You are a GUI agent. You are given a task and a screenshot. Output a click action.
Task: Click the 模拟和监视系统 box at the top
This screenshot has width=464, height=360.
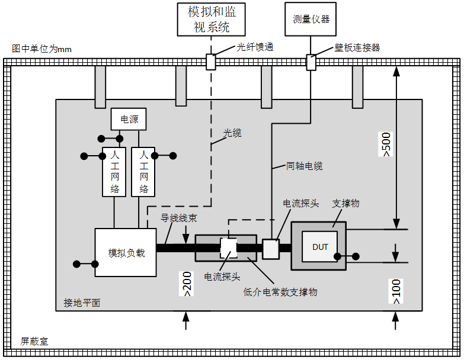(211, 20)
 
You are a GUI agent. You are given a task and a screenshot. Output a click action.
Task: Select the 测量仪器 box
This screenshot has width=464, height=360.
(311, 19)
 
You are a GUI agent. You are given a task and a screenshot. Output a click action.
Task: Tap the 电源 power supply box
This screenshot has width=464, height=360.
(129, 119)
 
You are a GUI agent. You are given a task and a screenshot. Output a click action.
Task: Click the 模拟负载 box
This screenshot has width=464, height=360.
(126, 252)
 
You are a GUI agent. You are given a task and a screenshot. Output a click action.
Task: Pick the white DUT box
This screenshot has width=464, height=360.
(319, 246)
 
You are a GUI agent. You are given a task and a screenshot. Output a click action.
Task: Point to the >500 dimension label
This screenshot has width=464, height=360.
(386, 143)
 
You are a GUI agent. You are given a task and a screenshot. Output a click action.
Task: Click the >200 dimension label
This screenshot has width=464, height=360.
(187, 284)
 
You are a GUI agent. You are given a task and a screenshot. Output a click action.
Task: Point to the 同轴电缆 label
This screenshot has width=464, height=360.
(304, 166)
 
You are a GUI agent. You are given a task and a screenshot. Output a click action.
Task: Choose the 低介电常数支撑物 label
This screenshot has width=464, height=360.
(280, 291)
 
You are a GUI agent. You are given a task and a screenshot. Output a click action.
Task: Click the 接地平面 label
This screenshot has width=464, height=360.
(82, 303)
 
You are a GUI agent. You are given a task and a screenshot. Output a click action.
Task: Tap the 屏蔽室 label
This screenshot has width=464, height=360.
(34, 341)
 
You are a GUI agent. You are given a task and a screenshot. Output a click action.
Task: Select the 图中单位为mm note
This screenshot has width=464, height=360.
(41, 49)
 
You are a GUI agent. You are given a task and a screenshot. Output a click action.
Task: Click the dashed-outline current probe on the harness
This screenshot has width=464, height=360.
(228, 248)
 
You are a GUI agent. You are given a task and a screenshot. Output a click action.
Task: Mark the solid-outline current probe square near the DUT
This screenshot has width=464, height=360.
(271, 249)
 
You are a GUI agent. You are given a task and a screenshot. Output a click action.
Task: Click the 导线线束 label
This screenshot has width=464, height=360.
(179, 217)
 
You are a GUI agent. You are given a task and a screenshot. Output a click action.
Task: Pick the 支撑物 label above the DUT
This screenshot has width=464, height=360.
(346, 203)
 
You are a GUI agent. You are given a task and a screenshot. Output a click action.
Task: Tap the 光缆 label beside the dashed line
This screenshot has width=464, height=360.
(232, 133)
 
